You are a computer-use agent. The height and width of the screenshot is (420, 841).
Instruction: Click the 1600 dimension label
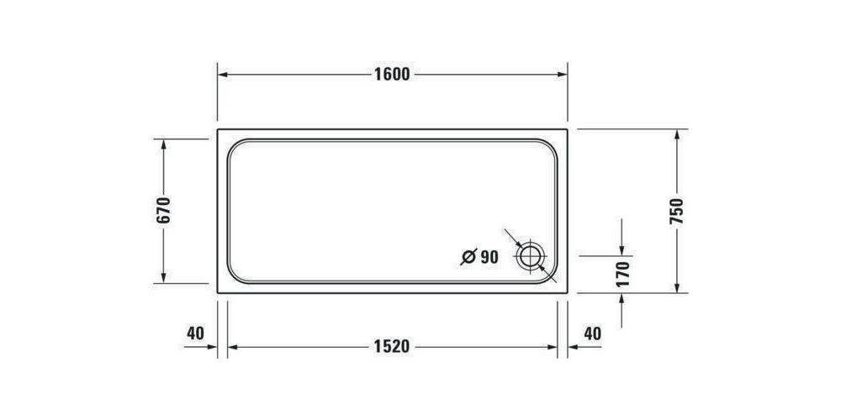[392, 74]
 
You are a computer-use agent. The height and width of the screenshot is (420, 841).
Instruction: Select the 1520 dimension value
[392, 346]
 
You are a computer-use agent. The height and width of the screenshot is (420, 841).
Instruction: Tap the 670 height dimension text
[163, 211]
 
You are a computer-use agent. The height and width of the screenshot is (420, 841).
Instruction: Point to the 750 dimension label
[677, 211]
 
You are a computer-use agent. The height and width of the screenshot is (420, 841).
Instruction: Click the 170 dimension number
[622, 275]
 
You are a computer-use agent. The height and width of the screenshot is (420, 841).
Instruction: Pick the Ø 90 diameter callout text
[480, 257]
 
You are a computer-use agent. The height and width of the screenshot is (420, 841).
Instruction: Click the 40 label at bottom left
[195, 333]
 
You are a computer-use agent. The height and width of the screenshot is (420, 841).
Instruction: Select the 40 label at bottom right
[592, 333]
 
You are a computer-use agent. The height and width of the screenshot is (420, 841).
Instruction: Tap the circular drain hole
[531, 256]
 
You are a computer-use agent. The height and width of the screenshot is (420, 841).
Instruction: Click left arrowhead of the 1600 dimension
[224, 74]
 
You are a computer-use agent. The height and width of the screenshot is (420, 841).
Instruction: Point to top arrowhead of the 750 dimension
[677, 134]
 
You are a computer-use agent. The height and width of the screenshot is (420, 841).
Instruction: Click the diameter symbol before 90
[468, 257]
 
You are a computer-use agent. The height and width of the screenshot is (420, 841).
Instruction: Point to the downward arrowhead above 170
[622, 249]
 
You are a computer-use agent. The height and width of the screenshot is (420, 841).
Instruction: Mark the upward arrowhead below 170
[622, 298]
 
